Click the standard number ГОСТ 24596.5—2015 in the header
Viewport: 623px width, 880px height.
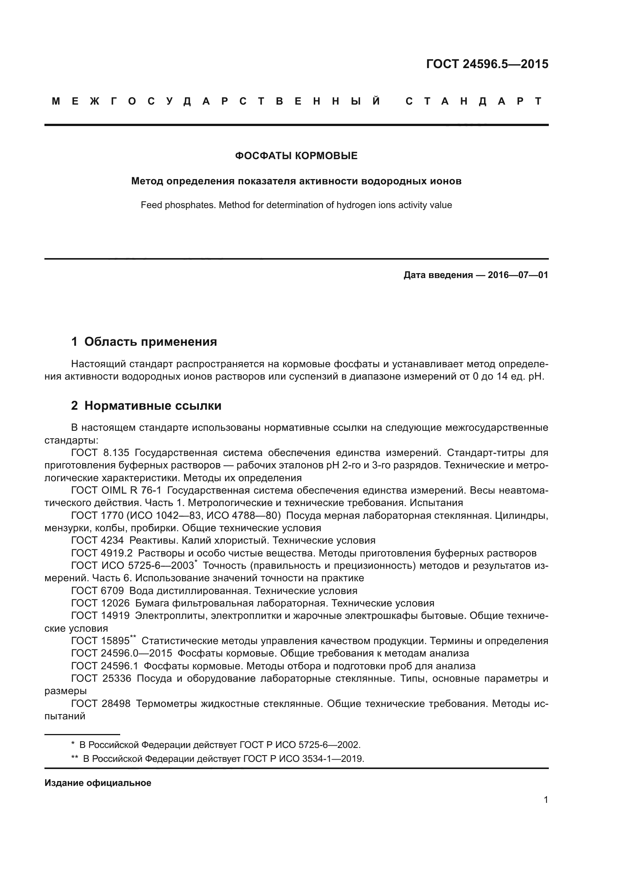[x=487, y=64]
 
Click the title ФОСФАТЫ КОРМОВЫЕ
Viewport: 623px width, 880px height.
[x=296, y=156]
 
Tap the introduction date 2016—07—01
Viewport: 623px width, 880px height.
[x=518, y=275]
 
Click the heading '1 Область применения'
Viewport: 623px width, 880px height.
[x=144, y=342]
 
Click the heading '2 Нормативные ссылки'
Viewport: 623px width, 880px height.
[x=146, y=406]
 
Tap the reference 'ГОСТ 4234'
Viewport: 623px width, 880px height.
[x=98, y=540]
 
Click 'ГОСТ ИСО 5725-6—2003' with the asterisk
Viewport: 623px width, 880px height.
[x=132, y=566]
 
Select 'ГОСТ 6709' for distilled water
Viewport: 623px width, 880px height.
[x=98, y=591]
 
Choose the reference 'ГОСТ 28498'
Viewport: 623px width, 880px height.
[x=101, y=704]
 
